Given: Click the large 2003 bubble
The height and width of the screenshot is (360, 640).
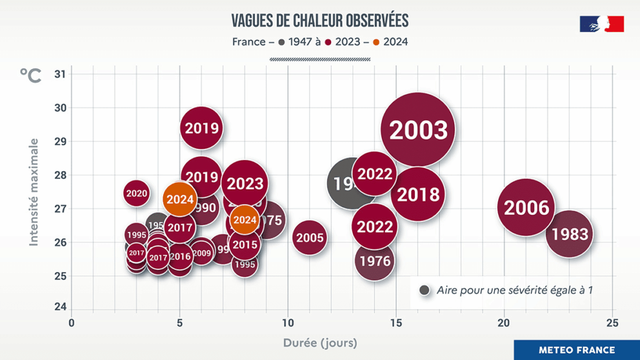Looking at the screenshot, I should [x=417, y=130].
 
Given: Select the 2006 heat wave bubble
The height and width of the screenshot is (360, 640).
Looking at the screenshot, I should [x=526, y=207].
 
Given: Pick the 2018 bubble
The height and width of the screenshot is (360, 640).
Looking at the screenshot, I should [x=418, y=194].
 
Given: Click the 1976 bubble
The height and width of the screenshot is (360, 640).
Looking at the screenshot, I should [x=374, y=261].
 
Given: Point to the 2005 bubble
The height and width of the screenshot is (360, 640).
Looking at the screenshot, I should [x=309, y=237].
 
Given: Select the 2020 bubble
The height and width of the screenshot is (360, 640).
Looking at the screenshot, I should [x=136, y=194].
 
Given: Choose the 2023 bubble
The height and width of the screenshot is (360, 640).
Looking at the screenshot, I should [x=245, y=184].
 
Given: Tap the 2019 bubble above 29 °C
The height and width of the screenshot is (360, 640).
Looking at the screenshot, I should [x=202, y=128].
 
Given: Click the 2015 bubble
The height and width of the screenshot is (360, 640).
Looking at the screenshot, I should [x=244, y=245].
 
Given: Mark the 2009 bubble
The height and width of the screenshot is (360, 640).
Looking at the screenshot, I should [x=201, y=253].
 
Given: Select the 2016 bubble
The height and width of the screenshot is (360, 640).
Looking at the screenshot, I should [x=180, y=256].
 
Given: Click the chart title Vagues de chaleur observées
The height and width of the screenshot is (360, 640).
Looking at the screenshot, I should [x=319, y=21].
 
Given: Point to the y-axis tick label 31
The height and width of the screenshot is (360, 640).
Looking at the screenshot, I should [x=60, y=74].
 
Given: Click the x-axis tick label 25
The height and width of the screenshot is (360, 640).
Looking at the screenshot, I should [x=612, y=322].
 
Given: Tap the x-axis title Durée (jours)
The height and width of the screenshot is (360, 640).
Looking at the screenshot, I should [x=319, y=342].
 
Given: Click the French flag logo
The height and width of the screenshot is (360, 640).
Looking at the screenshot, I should [x=601, y=24].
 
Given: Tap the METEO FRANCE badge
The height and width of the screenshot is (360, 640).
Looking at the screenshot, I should [x=576, y=350].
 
